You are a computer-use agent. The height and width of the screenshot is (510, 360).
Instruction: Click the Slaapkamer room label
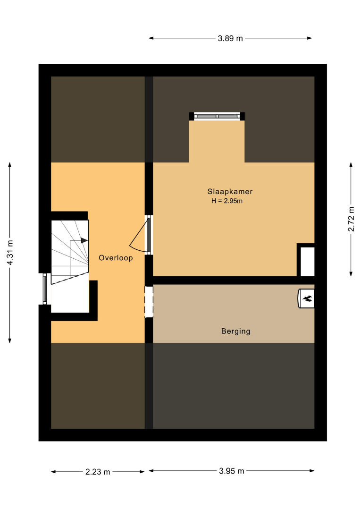[x=230, y=192]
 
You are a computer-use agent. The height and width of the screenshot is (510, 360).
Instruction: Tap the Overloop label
[x=116, y=258]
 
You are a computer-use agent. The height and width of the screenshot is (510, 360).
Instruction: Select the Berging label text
[x=235, y=331]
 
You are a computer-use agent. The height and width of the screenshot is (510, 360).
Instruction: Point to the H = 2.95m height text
[x=227, y=201]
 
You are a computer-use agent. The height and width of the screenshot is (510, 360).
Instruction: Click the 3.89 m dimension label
[x=230, y=38]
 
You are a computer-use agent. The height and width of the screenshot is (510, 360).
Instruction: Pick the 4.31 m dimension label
[x=10, y=252]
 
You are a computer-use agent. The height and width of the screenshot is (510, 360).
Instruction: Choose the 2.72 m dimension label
[x=351, y=219]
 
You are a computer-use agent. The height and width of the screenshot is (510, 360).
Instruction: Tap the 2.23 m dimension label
[x=98, y=472]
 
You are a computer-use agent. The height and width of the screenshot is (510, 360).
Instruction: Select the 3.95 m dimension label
[x=231, y=471]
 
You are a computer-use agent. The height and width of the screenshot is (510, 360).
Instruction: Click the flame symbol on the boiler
[x=307, y=298]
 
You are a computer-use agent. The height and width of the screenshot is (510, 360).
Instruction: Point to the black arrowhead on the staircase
[x=84, y=240]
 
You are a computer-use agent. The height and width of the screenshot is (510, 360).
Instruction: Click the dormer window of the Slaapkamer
[x=217, y=116]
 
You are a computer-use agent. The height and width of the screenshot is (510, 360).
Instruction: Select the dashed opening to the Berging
[x=149, y=302]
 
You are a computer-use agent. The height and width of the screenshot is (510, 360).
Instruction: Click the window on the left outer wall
[x=45, y=289]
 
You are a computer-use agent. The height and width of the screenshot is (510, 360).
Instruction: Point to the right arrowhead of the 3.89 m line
[x=310, y=38]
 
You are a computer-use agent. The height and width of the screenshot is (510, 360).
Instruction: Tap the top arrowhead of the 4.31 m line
[x=10, y=165]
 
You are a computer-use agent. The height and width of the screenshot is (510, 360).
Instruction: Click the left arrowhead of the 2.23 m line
[x=54, y=472]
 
